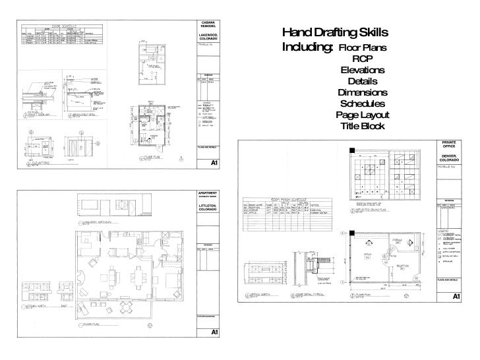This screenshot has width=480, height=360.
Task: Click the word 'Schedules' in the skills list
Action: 362,104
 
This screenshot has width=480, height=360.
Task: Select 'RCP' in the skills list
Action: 363,59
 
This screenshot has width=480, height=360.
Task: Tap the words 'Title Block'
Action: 362,126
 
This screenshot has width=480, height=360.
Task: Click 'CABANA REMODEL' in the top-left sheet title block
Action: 209,26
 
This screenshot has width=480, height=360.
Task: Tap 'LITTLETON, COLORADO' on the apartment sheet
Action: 209,208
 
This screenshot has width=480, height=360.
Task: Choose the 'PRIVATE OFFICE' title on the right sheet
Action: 449,146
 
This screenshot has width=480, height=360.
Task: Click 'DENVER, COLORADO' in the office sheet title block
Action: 449,159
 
